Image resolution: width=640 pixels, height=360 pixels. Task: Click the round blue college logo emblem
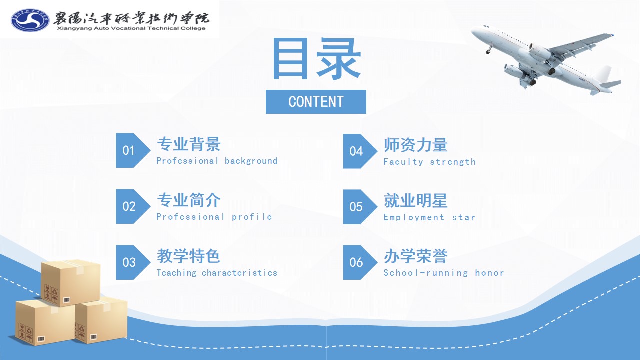(30, 20)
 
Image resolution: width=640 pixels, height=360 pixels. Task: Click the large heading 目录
(316, 59)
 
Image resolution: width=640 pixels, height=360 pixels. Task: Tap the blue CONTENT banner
(316, 102)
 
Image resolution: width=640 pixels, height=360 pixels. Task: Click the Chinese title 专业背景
(189, 144)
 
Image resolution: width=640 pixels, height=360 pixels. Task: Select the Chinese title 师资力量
(415, 145)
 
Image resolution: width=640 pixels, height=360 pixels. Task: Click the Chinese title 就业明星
(415, 201)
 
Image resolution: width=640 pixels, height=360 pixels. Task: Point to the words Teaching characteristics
(217, 273)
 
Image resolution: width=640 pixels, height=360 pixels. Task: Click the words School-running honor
(443, 273)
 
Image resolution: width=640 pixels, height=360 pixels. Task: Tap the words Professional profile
(214, 217)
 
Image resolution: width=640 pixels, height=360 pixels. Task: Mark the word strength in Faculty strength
(453, 162)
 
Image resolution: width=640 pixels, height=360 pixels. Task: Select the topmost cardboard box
(71, 283)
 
